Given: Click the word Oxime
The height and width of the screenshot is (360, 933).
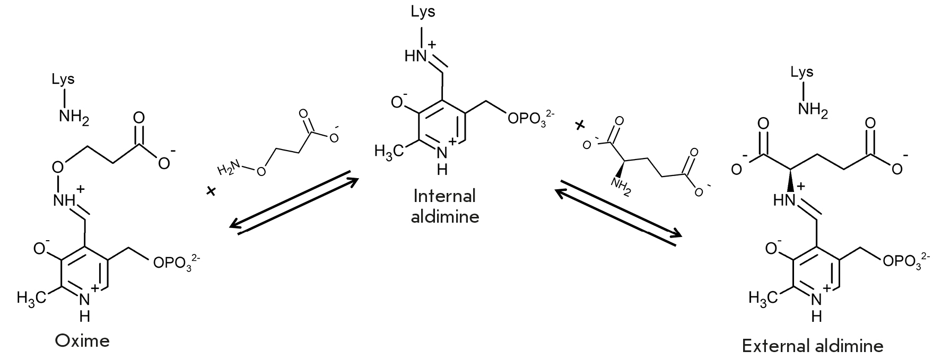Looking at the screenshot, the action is [x=82, y=340].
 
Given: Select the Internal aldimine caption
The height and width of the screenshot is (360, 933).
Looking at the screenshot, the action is [x=445, y=206].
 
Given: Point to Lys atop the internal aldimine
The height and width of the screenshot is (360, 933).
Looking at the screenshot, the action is [x=423, y=12].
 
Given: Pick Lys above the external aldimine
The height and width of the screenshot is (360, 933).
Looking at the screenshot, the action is [x=802, y=73].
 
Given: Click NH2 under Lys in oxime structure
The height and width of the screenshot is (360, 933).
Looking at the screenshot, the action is [x=74, y=116].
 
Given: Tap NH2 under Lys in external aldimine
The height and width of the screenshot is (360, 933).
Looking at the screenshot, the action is [x=813, y=110].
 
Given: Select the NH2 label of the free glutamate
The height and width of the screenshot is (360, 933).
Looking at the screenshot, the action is [x=622, y=188].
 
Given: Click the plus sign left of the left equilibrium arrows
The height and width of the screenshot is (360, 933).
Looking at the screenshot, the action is [x=212, y=191].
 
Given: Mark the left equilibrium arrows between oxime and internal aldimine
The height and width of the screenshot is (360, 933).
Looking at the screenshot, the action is [x=294, y=202].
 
